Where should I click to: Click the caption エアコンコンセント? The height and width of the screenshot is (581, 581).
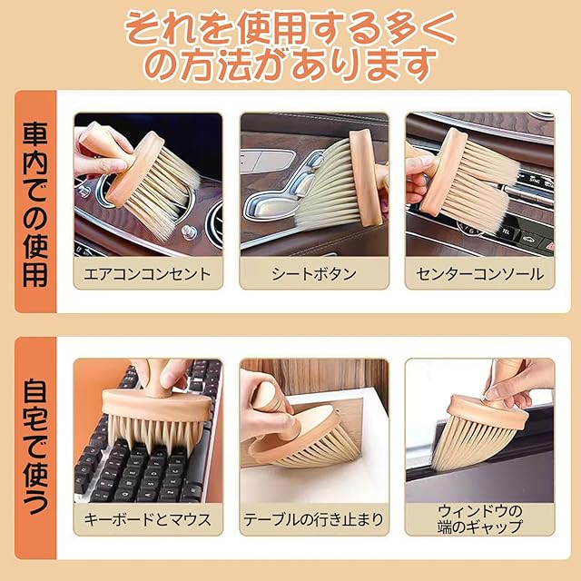[x=147, y=274]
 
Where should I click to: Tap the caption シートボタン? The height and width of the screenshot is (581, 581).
[x=314, y=274]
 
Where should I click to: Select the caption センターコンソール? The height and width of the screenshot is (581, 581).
[x=480, y=274]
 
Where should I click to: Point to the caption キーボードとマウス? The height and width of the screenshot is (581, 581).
[x=147, y=519]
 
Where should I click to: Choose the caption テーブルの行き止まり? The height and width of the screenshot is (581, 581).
[x=314, y=519]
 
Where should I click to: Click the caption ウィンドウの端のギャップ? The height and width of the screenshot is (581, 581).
[x=480, y=518]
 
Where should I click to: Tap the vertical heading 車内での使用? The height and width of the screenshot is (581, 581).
[x=35, y=204]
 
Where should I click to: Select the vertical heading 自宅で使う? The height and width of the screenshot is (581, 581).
[x=35, y=446]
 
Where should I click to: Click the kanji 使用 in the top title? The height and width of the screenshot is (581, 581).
[x=271, y=28]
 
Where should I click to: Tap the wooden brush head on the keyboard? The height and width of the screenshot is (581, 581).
[x=156, y=404]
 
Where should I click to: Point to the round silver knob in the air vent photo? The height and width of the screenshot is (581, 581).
[x=189, y=231]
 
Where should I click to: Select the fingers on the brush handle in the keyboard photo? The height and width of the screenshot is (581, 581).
[x=163, y=372]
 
